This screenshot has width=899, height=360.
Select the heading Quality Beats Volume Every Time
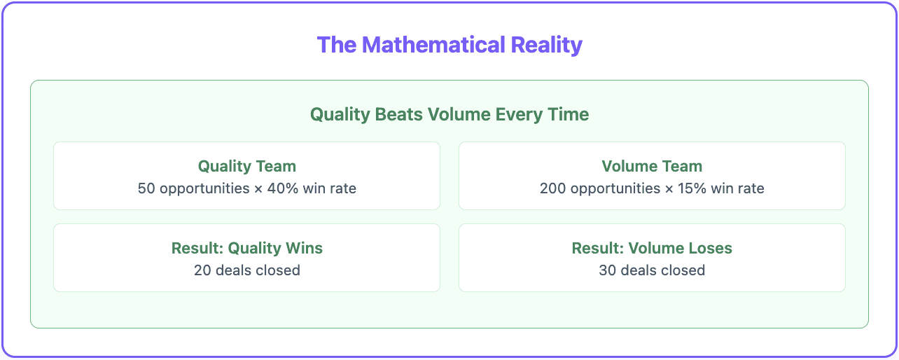point(449,114)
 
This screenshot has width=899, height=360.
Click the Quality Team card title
point(246,166)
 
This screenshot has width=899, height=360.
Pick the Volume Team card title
point(652,166)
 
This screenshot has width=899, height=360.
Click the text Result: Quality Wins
point(246,248)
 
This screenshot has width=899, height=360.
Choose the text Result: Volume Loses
point(652,248)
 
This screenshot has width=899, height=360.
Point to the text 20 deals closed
point(246,270)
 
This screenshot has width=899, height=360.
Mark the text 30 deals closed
point(652,270)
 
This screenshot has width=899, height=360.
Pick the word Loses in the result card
point(711,248)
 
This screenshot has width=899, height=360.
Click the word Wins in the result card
point(304,248)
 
